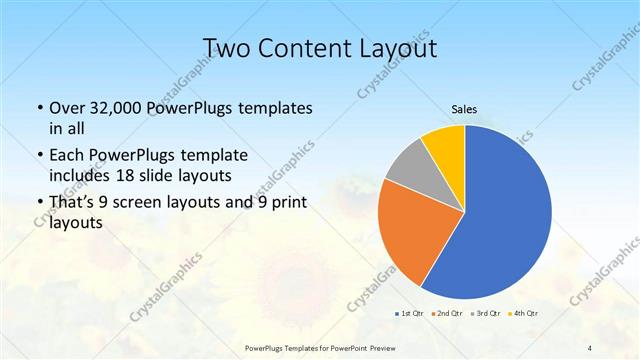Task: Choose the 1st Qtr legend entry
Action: [409, 313]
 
